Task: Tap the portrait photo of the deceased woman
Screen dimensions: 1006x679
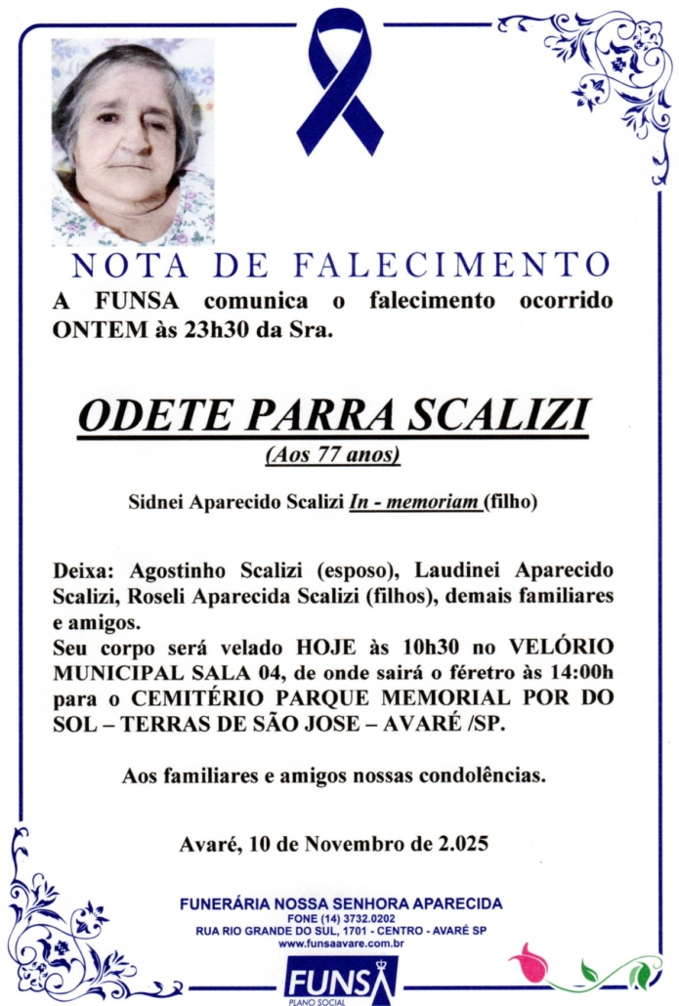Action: click(133, 141)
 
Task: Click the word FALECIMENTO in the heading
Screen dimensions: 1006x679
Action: click(451, 265)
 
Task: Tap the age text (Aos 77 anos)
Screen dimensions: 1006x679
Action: click(333, 455)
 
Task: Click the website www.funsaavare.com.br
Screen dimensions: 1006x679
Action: click(341, 943)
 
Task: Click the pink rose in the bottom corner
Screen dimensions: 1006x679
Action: click(530, 962)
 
